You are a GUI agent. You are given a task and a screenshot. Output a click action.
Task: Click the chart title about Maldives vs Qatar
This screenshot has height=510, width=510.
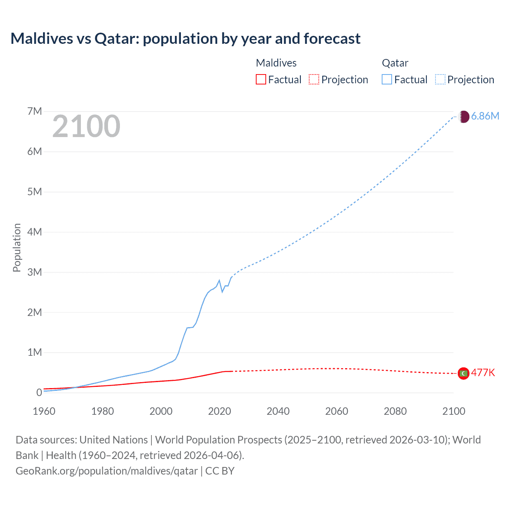coord(185,39)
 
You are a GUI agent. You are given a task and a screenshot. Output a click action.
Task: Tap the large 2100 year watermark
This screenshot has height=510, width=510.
coord(86,126)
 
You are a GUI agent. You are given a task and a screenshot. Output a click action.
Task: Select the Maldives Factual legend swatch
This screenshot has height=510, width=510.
coord(261,79)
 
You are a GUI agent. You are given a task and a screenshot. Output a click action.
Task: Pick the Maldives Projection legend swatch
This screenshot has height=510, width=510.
coord(314,79)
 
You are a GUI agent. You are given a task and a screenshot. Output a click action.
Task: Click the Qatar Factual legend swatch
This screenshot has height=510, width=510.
coord(386,79)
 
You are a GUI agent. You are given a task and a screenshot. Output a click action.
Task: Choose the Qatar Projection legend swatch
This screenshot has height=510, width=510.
coord(440,79)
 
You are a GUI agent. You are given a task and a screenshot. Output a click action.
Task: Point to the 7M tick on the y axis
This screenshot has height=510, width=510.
coord(35,111)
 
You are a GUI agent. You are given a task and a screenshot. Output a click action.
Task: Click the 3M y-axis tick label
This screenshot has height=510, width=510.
coord(35,272)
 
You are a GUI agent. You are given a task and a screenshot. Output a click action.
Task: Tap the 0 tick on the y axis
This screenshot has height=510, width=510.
coord(39,392)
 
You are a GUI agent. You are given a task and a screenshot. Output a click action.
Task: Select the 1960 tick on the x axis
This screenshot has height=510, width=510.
coord(44,411)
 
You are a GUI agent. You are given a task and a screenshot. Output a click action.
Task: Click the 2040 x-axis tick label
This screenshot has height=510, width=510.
coord(278,411)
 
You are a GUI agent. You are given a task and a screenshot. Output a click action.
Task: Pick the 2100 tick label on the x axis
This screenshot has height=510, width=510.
coord(453,411)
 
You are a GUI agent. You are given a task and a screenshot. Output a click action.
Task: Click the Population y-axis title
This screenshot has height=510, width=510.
coord(17,247)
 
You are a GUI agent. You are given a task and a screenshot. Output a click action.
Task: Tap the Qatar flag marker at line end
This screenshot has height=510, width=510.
coord(463,117)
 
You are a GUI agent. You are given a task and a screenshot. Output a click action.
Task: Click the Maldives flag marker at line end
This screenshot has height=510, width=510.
coord(463,373)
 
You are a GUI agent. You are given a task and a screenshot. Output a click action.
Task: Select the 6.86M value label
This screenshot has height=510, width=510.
coord(485,116)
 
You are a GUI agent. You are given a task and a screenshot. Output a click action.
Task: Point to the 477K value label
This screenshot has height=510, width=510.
coord(483,373)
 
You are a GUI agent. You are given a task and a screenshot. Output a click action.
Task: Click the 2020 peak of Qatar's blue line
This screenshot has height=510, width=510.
coord(219,280)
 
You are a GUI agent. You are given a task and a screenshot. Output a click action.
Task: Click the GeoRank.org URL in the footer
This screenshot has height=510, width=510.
coord(107,471)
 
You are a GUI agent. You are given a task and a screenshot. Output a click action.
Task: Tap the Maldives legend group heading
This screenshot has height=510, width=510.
coord(276,63)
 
